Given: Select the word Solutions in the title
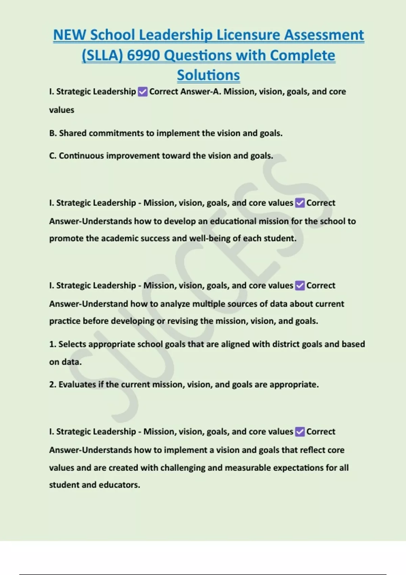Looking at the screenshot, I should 208,75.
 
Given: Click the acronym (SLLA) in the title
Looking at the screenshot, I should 102,55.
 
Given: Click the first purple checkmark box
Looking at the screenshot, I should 143,92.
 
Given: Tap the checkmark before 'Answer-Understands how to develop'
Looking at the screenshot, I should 300,203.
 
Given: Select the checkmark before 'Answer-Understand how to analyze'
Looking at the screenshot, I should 300,285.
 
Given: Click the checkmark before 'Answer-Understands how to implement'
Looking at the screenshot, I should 300,432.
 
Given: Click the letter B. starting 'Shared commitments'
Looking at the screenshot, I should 53,133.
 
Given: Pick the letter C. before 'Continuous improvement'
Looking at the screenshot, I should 53,156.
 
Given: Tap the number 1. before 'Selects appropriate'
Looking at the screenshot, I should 52,344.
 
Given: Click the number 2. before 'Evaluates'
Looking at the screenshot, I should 52,385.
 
